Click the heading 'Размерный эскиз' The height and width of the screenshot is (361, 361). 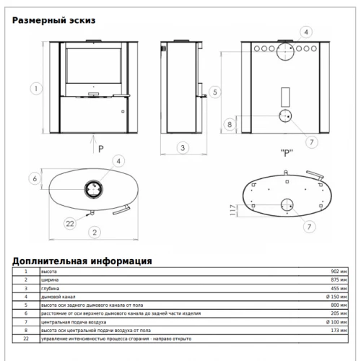click(x=53, y=20)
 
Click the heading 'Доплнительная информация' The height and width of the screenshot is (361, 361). click(x=82, y=261)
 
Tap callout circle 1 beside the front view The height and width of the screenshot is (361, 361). click(x=36, y=89)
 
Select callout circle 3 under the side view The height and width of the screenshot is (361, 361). click(x=183, y=148)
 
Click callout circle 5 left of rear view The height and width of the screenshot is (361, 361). click(x=215, y=92)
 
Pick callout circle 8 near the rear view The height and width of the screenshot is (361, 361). click(x=230, y=124)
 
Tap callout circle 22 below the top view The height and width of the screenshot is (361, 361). click(x=70, y=224)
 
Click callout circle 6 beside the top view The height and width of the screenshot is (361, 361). click(x=35, y=178)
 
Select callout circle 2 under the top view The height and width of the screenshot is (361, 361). click(x=95, y=232)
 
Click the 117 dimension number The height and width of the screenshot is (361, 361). click(x=232, y=210)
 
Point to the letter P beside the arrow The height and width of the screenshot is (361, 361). click(x=101, y=149)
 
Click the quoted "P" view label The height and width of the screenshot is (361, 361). click(x=287, y=153)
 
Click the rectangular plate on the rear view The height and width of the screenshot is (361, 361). click(x=285, y=97)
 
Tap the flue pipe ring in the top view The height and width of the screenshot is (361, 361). click(x=94, y=189)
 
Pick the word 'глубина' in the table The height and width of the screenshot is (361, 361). click(x=50, y=289)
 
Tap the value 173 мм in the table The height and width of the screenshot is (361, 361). click(x=339, y=331)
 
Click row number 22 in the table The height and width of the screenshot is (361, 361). click(x=26, y=339)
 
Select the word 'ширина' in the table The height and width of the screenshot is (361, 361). click(x=50, y=280)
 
